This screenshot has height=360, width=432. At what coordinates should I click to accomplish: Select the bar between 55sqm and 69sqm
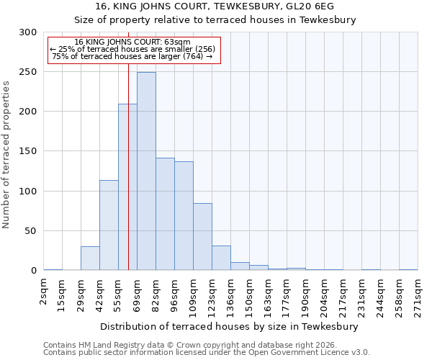[127, 187]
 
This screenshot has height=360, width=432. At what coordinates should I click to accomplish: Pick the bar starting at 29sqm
[90, 258]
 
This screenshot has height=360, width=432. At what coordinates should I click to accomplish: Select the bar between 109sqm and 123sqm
[202, 237]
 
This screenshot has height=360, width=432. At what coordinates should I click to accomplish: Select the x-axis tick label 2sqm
[44, 292]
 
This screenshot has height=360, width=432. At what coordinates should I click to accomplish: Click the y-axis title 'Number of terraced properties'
[7, 154]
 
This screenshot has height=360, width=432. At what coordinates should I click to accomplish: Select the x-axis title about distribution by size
[229, 326]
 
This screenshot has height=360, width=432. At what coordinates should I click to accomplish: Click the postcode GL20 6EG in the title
[317, 6]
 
